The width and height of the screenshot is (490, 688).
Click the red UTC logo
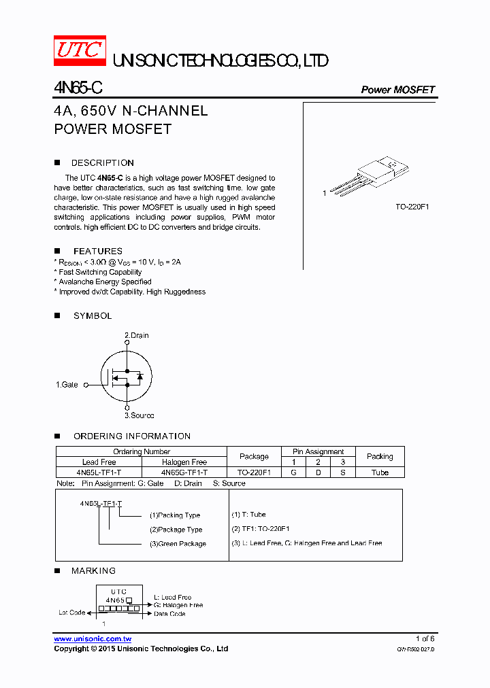click(x=80, y=52)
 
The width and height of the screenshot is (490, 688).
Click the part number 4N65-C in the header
click(x=78, y=88)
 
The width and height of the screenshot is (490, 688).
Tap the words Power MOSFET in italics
click(x=397, y=90)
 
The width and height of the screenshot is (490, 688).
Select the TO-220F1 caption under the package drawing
click(x=412, y=207)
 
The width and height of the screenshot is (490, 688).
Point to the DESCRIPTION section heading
click(x=102, y=163)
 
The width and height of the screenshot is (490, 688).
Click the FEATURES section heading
click(x=98, y=252)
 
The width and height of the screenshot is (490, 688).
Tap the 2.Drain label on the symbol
click(x=136, y=335)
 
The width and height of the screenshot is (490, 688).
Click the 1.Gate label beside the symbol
click(x=67, y=385)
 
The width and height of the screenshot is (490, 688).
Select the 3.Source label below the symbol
click(x=139, y=415)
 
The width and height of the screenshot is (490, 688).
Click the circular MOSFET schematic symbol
click(x=127, y=375)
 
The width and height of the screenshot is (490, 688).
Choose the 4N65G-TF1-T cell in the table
click(x=184, y=472)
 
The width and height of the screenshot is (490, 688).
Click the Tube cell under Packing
click(x=380, y=472)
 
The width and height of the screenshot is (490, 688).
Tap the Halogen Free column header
click(x=184, y=462)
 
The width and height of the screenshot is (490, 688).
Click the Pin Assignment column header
click(x=318, y=451)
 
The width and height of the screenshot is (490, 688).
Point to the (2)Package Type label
click(x=176, y=530)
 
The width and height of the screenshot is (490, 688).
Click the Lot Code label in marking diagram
click(x=71, y=613)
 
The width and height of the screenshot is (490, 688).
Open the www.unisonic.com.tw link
click(x=93, y=639)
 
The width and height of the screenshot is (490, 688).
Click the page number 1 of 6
click(x=425, y=639)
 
